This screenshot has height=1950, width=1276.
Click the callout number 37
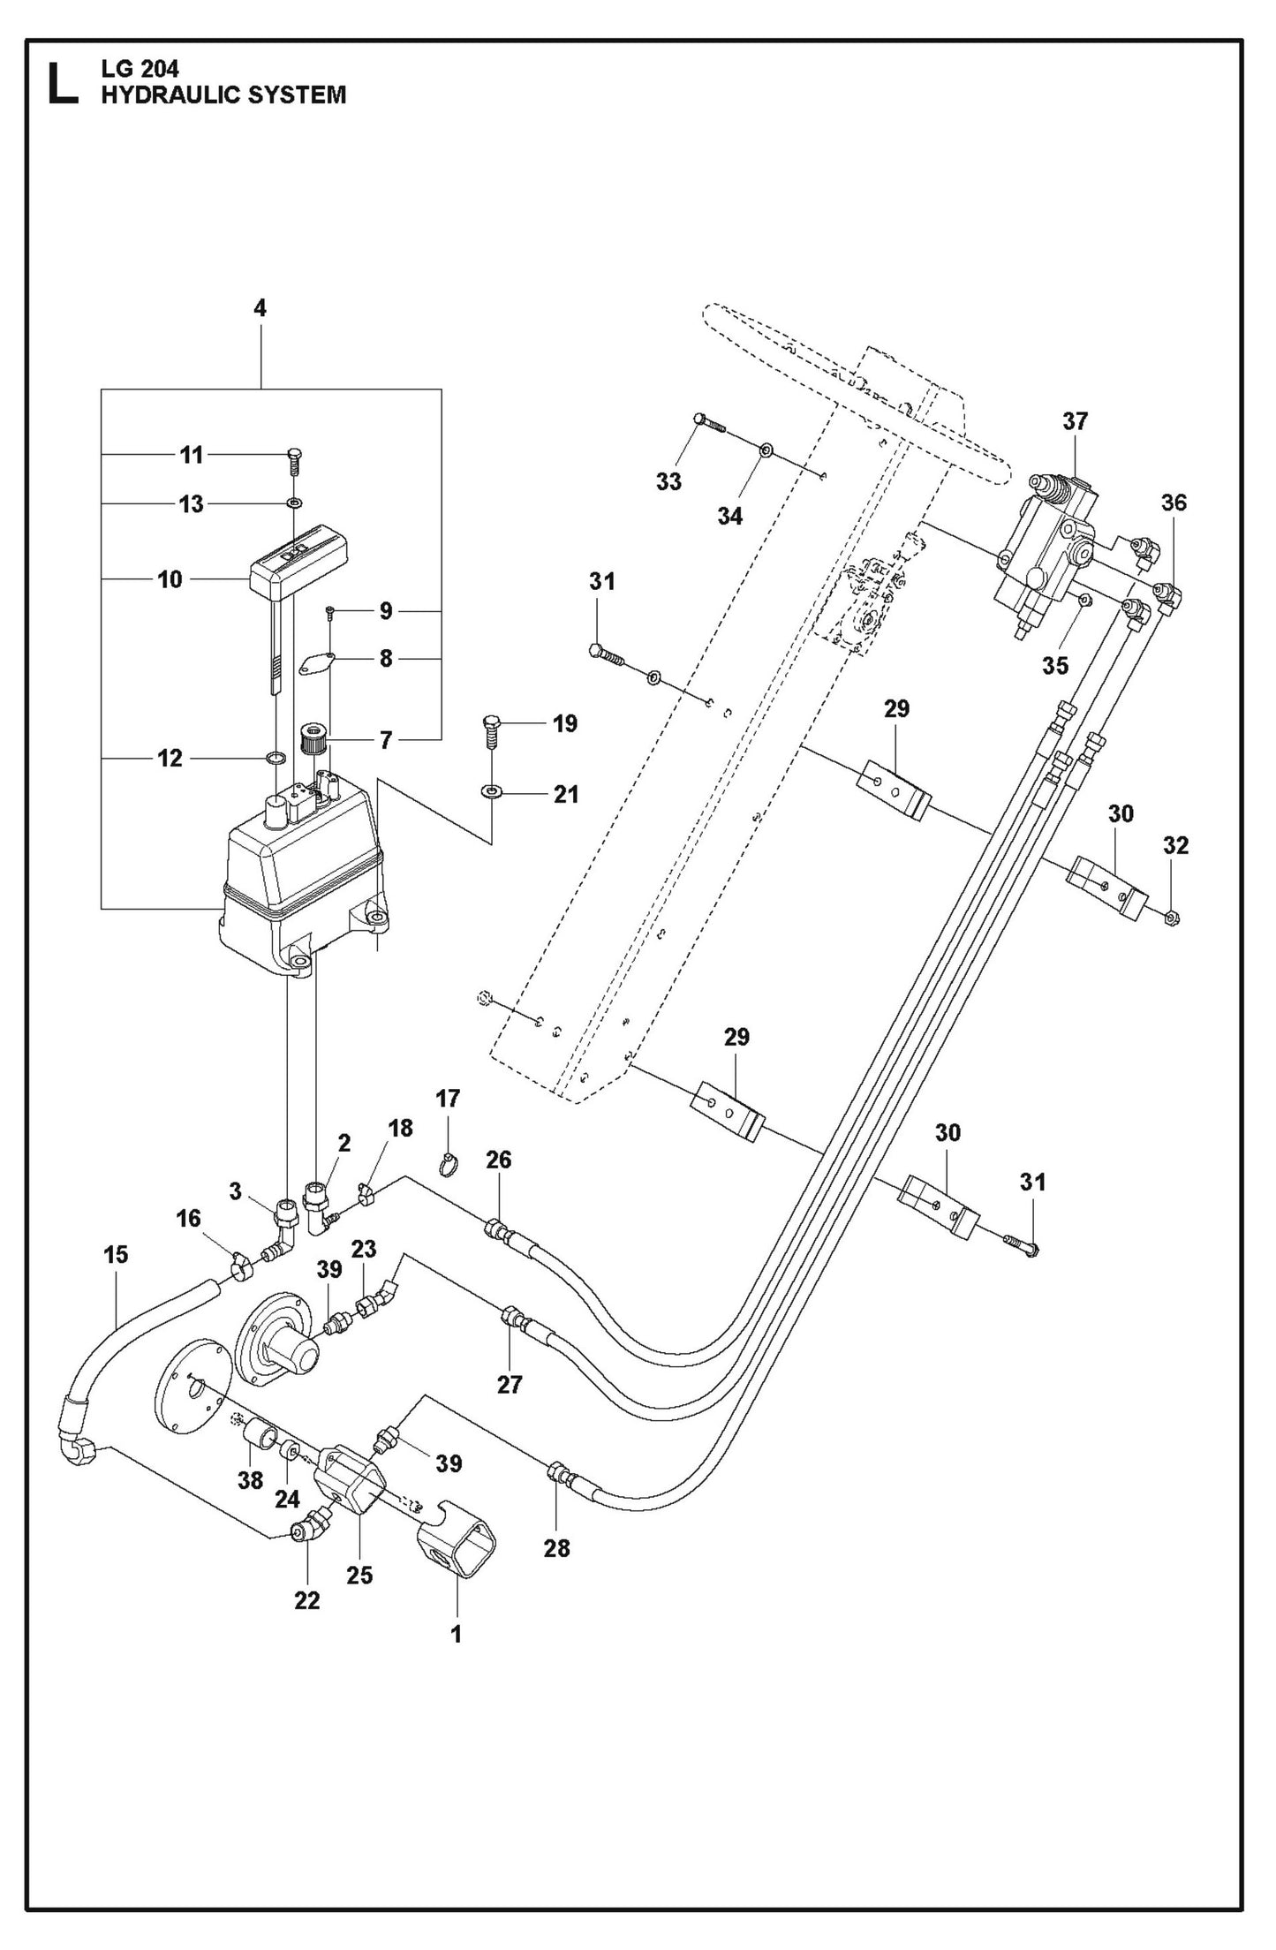click(x=1075, y=421)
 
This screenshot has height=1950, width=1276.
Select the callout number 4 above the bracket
click(x=260, y=308)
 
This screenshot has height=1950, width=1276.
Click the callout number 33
click(x=668, y=481)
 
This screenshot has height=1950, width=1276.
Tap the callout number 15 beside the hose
click(x=116, y=1254)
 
